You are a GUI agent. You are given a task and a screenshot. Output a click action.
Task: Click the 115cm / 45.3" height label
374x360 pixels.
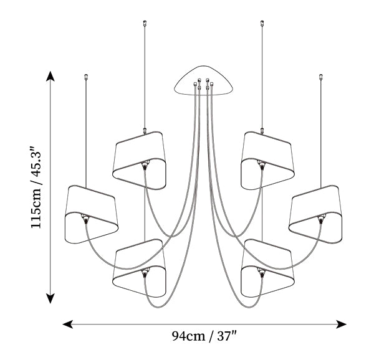(36, 187)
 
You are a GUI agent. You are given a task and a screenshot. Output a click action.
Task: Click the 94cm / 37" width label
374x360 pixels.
(204, 336)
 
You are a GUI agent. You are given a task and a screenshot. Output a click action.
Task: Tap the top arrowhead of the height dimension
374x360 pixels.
(50, 76)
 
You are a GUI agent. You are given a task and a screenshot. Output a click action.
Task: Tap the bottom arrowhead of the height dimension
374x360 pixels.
(50, 298)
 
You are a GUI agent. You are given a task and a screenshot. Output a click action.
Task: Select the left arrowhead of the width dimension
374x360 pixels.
(68, 324)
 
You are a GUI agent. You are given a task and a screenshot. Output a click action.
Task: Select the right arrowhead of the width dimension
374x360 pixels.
(341, 324)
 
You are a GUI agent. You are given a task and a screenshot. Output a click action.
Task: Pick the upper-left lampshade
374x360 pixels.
(139, 160)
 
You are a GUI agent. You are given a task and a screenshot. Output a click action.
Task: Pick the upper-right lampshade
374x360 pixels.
(267, 160)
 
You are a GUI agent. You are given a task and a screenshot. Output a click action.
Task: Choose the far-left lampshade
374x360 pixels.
(92, 214)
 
